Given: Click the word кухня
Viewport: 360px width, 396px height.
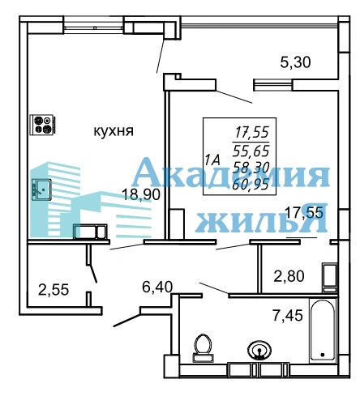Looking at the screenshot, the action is tap(114, 131).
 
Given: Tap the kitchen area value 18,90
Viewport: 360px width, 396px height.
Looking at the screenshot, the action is tap(141, 194).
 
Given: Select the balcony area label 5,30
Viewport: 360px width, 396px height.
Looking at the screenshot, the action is tap(295, 62).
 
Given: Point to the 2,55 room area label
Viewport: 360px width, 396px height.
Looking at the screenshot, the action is tap(54, 290).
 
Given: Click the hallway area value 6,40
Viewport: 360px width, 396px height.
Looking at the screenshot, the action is tap(157, 287).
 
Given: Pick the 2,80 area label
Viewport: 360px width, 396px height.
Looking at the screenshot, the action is tap(289, 276).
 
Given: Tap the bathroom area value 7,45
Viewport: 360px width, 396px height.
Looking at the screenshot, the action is tap(288, 315).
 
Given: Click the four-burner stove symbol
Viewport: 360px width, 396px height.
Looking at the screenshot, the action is tap(43, 125).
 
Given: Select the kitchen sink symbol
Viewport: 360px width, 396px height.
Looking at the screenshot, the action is tap(41, 189).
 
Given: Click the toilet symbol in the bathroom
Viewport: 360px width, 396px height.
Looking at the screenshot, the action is tap(203, 348).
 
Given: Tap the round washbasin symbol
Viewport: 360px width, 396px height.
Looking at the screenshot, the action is tap(259, 351).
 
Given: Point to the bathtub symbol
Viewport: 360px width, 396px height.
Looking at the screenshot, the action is tap(323, 330).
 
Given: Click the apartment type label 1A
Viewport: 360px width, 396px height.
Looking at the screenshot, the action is tap(212, 160).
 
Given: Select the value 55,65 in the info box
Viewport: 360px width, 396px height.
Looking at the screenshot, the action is tap(251, 151).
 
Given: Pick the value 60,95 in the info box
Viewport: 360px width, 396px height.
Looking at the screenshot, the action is tap(251, 184).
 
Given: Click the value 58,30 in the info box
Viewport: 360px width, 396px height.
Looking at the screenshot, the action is tap(251, 168).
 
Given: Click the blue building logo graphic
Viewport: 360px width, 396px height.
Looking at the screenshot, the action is tap(89, 200).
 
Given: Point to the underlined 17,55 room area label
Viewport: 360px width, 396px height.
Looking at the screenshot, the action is tap(304, 213).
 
